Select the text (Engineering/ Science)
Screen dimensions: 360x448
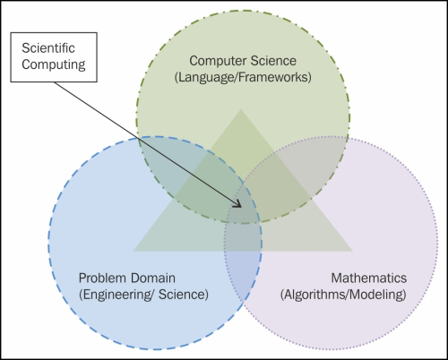143,293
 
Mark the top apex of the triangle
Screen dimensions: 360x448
242,110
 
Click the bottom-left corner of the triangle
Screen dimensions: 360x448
133,251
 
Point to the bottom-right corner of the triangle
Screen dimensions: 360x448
352,251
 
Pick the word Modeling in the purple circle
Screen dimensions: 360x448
377,293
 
